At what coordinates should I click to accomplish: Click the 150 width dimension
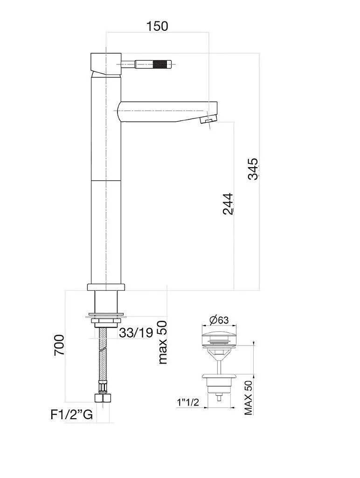[157, 26]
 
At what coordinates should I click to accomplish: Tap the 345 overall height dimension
[253, 169]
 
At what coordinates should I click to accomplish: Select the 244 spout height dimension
[228, 204]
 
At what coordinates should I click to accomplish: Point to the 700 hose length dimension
[59, 345]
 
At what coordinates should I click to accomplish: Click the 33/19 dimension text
[136, 332]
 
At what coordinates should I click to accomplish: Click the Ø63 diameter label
[219, 320]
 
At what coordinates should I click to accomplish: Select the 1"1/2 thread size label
[188, 402]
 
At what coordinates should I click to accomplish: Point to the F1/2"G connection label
[71, 415]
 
